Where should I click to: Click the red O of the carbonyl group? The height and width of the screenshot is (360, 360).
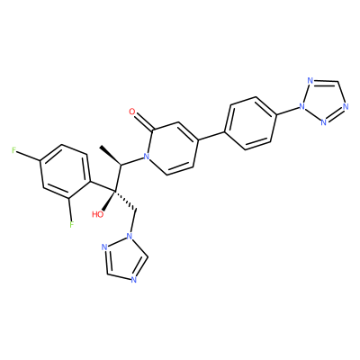[132, 112]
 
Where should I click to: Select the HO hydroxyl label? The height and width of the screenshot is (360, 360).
[97, 214]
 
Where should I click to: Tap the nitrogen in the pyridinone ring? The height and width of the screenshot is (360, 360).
[147, 156]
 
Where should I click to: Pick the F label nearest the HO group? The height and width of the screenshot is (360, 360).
[71, 224]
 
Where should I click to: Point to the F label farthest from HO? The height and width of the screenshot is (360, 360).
[13, 151]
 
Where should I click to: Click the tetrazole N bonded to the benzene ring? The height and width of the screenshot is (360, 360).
[301, 106]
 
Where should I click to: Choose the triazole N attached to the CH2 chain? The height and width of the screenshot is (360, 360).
[130, 236]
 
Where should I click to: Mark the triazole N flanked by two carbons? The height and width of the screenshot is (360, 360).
[134, 280]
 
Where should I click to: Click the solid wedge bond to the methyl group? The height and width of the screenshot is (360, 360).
[111, 156]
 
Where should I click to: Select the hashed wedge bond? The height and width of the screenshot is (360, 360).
[125, 200]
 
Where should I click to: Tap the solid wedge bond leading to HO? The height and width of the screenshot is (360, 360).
[109, 200]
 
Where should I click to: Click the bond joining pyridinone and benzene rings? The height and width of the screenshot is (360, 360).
[211, 136]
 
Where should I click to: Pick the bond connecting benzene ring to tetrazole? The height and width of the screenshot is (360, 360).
[287, 111]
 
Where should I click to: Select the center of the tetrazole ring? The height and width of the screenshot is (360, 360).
[325, 101]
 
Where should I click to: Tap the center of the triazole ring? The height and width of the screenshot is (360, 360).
[124, 259]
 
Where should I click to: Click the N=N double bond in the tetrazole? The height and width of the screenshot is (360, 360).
[335, 115]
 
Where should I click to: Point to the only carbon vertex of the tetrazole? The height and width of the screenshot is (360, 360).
[337, 82]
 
